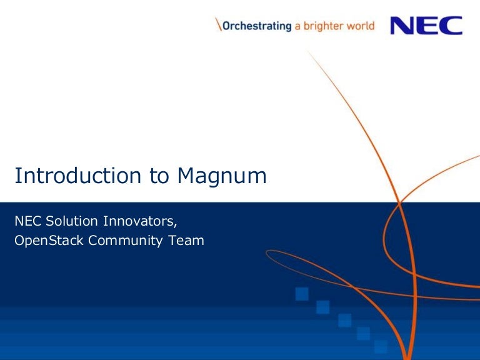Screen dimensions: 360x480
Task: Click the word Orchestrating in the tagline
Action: coord(256,26)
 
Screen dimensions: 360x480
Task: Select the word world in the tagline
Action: coord(362,26)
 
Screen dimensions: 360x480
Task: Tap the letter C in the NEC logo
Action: coord(451,26)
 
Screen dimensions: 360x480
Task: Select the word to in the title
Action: coord(159,176)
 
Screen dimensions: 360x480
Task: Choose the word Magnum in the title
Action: coord(221,176)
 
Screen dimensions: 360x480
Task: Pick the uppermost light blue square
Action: coord(302,293)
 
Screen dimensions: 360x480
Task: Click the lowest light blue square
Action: coord(381,346)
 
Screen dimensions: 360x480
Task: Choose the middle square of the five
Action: coord(345,321)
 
